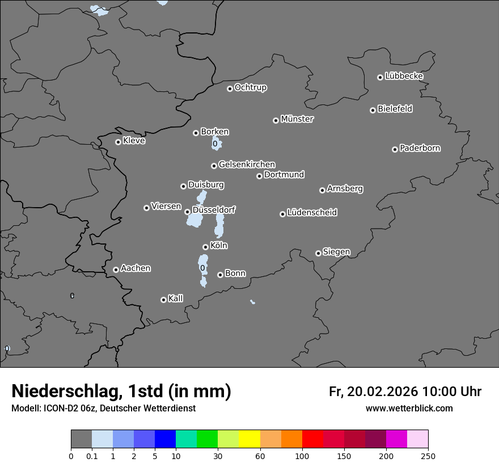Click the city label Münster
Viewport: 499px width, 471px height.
(297, 119)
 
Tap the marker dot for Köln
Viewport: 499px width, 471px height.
(205, 247)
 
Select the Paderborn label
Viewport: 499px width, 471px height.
(420, 148)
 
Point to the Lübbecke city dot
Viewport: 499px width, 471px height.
(380, 77)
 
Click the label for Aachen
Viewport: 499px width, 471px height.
(136, 268)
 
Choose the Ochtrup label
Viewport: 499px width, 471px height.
(251, 87)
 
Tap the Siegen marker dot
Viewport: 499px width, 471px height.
(318, 253)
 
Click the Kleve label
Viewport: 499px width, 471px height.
(134, 141)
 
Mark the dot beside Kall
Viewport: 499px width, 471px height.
(163, 300)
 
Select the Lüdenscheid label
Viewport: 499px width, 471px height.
(312, 213)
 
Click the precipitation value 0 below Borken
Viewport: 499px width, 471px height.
(215, 144)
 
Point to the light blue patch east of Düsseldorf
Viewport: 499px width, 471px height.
(219, 226)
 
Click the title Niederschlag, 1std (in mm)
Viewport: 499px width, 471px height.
(121, 391)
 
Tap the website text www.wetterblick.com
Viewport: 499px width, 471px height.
(409, 408)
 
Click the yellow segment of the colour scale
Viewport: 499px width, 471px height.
(249, 439)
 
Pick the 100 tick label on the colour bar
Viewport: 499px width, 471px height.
(302, 456)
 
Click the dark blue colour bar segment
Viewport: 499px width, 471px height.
(165, 439)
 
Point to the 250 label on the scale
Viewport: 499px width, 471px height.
(428, 456)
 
